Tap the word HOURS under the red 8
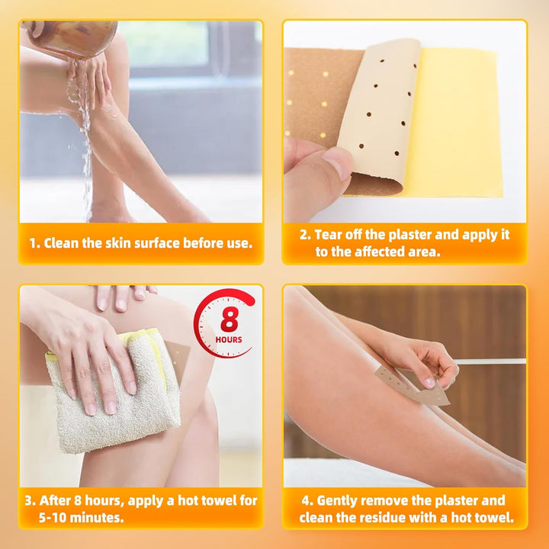pos(230,339)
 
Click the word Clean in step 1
pos(62,243)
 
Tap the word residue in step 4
pos(403,518)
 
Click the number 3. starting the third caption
pos(30,501)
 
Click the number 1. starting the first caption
pos(34,243)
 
